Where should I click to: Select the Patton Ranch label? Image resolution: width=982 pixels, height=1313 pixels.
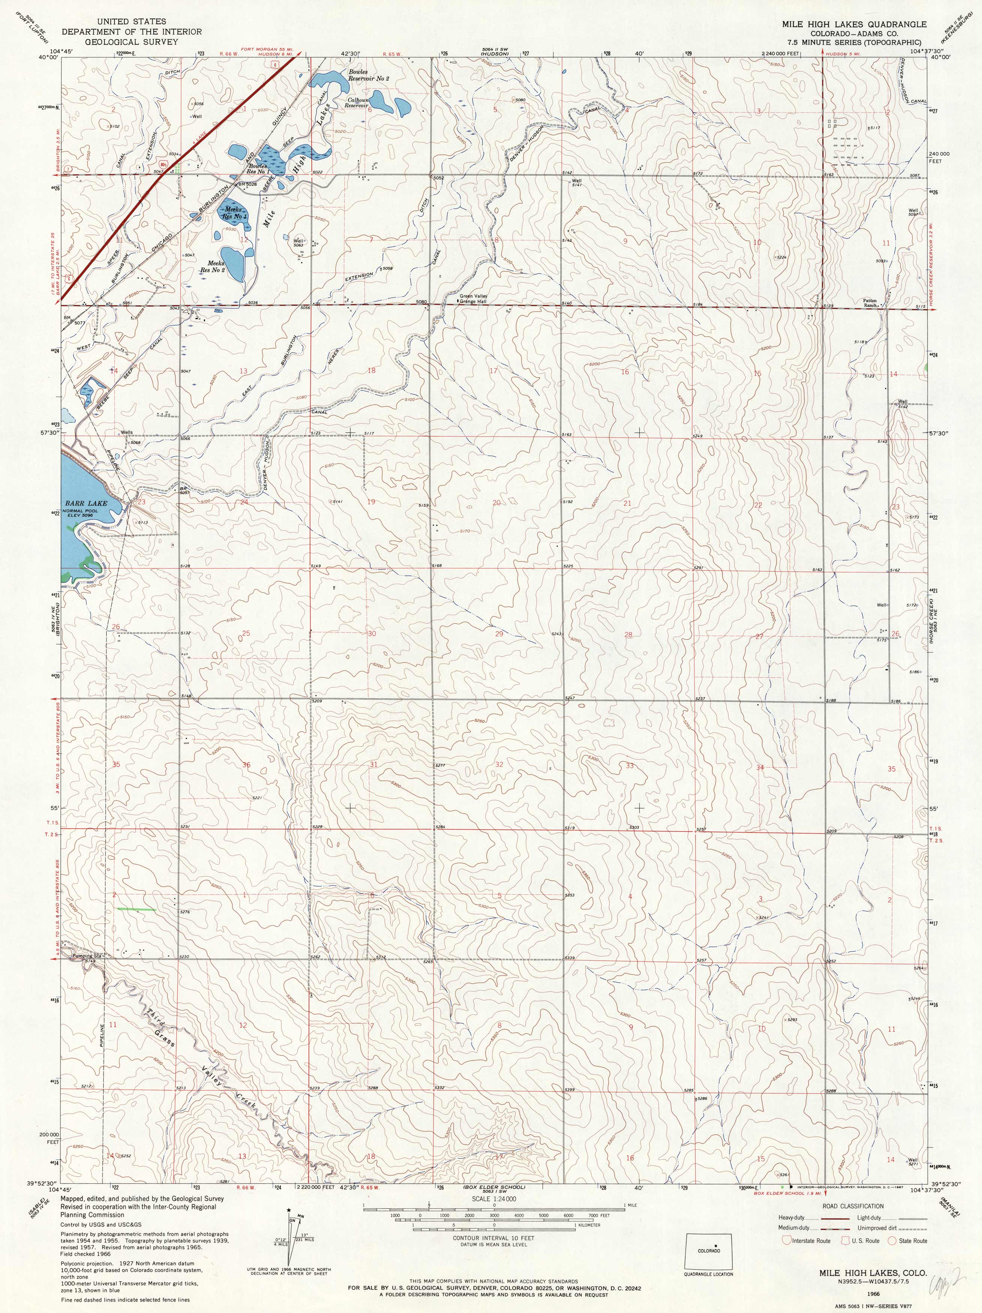870,303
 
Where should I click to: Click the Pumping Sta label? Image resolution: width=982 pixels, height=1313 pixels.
88,956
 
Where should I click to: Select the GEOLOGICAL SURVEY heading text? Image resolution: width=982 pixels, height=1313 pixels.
131,42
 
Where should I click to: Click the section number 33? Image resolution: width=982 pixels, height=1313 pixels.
629,765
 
